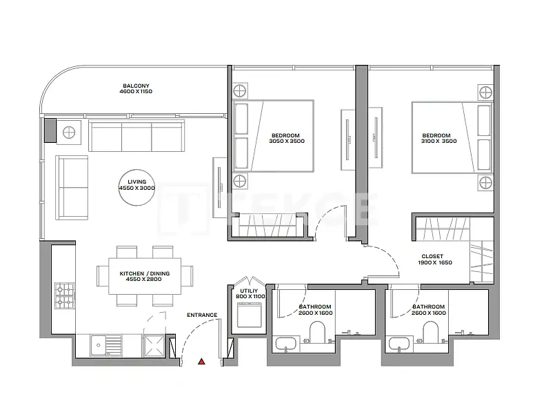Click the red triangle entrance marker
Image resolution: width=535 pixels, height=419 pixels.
[201, 361]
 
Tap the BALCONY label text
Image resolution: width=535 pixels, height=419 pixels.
[136, 86]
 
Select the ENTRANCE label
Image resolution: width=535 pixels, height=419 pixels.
[202, 315]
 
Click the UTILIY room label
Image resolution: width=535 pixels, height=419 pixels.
[249, 291]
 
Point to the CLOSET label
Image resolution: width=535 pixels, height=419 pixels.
[432, 256]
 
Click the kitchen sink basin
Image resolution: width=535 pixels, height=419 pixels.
[99, 345]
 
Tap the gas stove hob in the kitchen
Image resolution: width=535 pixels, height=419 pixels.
[65, 295]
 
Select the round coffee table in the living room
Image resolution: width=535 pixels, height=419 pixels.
[137, 188]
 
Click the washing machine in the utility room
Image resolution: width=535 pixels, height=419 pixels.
[249, 314]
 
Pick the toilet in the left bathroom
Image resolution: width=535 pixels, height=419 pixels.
[318, 333]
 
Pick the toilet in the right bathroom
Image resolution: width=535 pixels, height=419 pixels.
[431, 333]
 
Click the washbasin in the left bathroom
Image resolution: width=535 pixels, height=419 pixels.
[286, 344]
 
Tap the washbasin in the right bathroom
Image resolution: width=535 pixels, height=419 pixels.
[400, 344]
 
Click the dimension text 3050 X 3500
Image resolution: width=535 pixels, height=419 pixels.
[287, 141]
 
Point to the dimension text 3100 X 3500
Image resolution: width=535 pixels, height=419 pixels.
[438, 141]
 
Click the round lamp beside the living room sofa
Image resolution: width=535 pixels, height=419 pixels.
[69, 132]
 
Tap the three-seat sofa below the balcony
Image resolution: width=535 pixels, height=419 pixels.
[137, 135]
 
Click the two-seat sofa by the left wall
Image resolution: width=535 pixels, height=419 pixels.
[72, 188]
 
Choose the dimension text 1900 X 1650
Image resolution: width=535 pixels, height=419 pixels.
[435, 262]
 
